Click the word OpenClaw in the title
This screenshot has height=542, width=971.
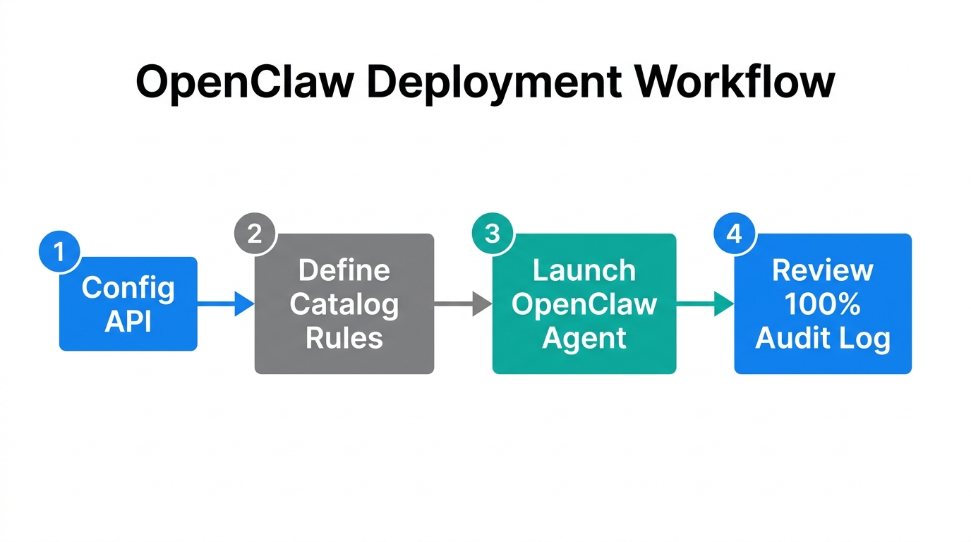[244, 83]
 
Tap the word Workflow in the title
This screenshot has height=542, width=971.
[735, 83]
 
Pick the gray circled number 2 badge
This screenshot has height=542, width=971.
[255, 233]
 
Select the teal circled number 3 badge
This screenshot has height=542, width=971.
[493, 233]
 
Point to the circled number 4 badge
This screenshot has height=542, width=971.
[735, 233]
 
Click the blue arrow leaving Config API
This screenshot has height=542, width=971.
[226, 304]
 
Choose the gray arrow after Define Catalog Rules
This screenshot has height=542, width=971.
[463, 304]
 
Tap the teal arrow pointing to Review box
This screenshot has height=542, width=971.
[705, 304]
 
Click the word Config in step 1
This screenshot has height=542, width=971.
[128, 288]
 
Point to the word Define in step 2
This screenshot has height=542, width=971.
[344, 270]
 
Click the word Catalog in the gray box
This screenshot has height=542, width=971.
[344, 304]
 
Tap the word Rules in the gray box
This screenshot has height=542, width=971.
[344, 337]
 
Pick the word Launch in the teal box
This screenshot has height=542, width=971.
[584, 270]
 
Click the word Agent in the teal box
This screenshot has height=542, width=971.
[584, 337]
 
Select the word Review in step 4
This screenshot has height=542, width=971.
[822, 270]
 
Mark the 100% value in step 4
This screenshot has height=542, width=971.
[822, 304]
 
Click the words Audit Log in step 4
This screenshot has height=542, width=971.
[822, 337]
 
